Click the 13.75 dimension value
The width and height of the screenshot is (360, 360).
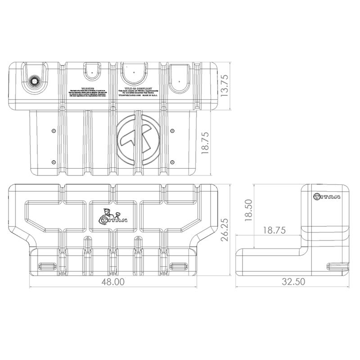(225, 84)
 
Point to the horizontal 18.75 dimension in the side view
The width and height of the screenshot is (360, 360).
(274, 230)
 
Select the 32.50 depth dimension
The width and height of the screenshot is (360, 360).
(293, 282)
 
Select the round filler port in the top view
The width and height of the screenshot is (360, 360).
(34, 81)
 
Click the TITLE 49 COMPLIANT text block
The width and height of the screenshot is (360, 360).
(136, 92)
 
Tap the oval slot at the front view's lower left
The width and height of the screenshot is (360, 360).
(46, 265)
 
